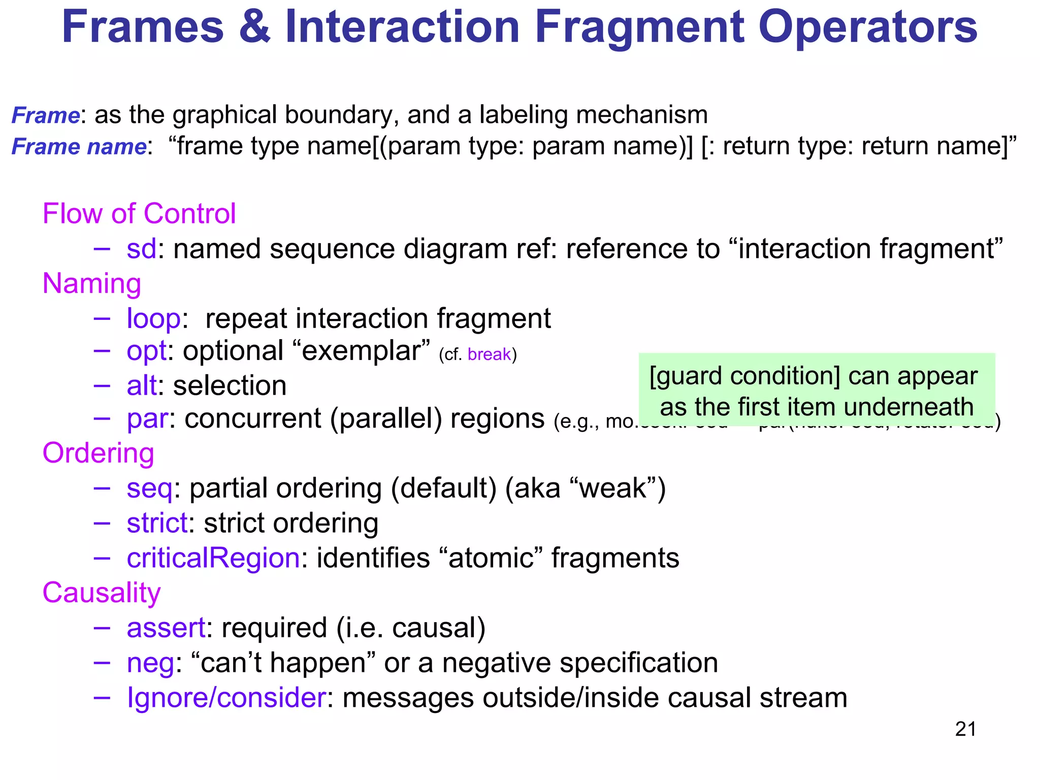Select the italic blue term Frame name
(x=79, y=147)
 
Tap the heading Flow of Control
(x=139, y=213)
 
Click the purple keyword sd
(x=141, y=249)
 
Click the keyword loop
(x=153, y=319)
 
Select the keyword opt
(x=146, y=351)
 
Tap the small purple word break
(x=489, y=354)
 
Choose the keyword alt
(x=142, y=385)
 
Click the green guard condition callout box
(x=816, y=390)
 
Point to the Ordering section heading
(x=98, y=453)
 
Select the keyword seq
(x=149, y=489)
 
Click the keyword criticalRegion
(x=213, y=558)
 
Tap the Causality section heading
(x=102, y=593)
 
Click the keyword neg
(x=150, y=663)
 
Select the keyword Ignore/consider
(x=226, y=698)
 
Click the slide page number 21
(x=965, y=729)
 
